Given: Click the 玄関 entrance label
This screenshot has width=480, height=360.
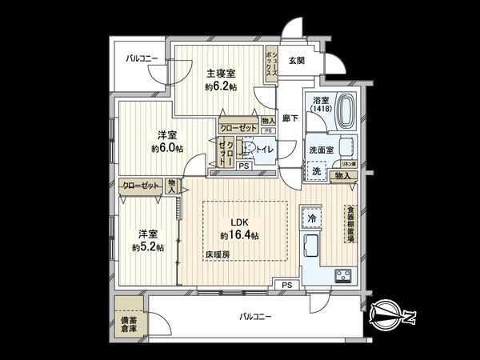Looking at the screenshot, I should (x=297, y=61).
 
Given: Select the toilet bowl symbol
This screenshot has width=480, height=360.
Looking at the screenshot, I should (x=250, y=148).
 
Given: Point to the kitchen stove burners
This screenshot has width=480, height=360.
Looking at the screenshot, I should (x=342, y=276).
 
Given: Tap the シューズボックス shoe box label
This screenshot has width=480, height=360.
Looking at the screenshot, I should (x=271, y=63).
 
